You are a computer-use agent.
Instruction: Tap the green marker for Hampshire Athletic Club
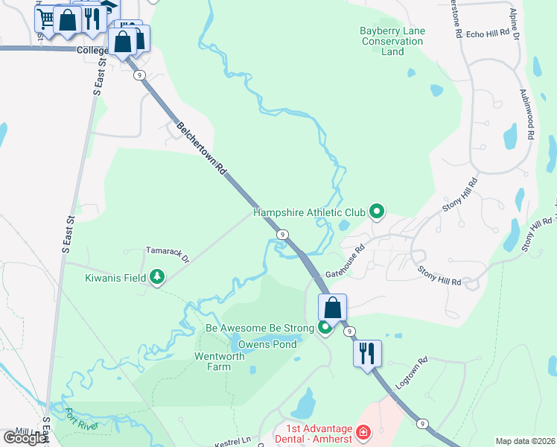[x=377, y=212]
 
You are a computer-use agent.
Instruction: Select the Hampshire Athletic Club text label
[x=309, y=212]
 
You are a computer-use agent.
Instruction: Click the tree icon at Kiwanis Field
[x=157, y=278]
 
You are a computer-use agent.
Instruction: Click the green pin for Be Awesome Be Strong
[x=325, y=327]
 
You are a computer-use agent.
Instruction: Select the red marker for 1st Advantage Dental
[x=363, y=431]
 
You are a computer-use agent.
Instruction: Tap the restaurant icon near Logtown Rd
[x=367, y=353]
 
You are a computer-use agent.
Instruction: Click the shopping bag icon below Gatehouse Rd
[x=332, y=307]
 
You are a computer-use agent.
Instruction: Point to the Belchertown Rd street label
[x=200, y=149]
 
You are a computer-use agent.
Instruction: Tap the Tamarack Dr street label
[x=168, y=255]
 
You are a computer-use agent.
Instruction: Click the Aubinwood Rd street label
[x=530, y=112]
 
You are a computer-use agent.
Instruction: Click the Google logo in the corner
[x=25, y=438]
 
